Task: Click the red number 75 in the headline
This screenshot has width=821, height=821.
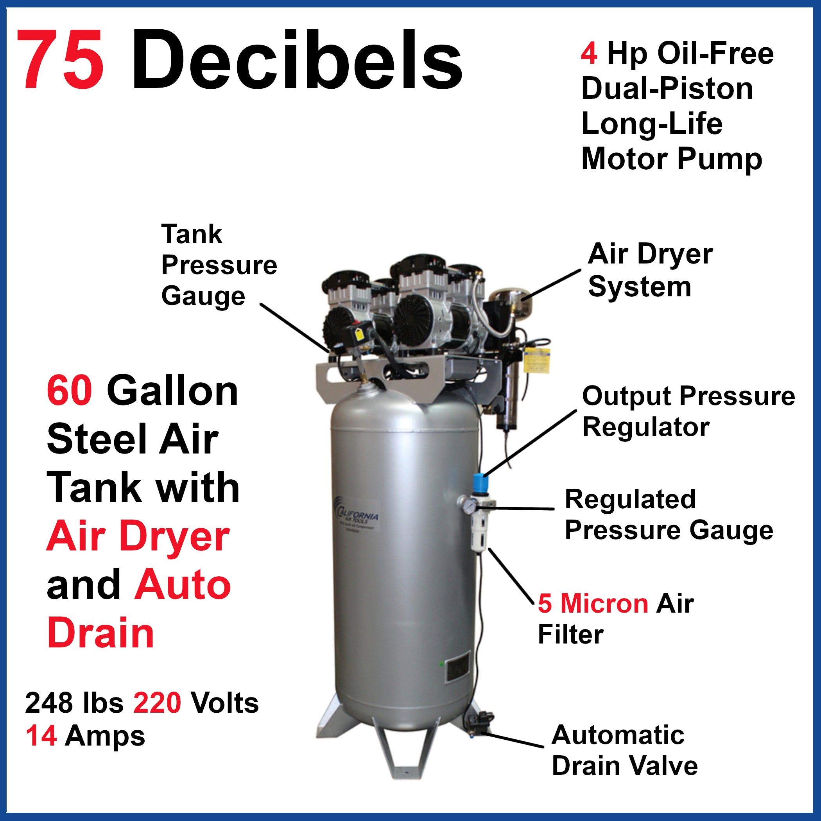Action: [60, 59]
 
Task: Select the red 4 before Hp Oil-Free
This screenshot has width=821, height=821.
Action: [589, 54]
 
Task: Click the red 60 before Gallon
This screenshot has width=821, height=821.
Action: [69, 391]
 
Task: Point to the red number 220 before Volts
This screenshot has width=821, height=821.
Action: [157, 703]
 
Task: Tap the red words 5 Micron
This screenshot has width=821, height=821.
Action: [593, 603]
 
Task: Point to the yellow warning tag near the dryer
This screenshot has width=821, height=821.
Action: [537, 360]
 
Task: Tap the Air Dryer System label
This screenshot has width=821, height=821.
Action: [650, 270]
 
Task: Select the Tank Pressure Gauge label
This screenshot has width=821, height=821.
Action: [219, 265]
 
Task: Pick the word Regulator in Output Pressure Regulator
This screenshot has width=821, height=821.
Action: [645, 427]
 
